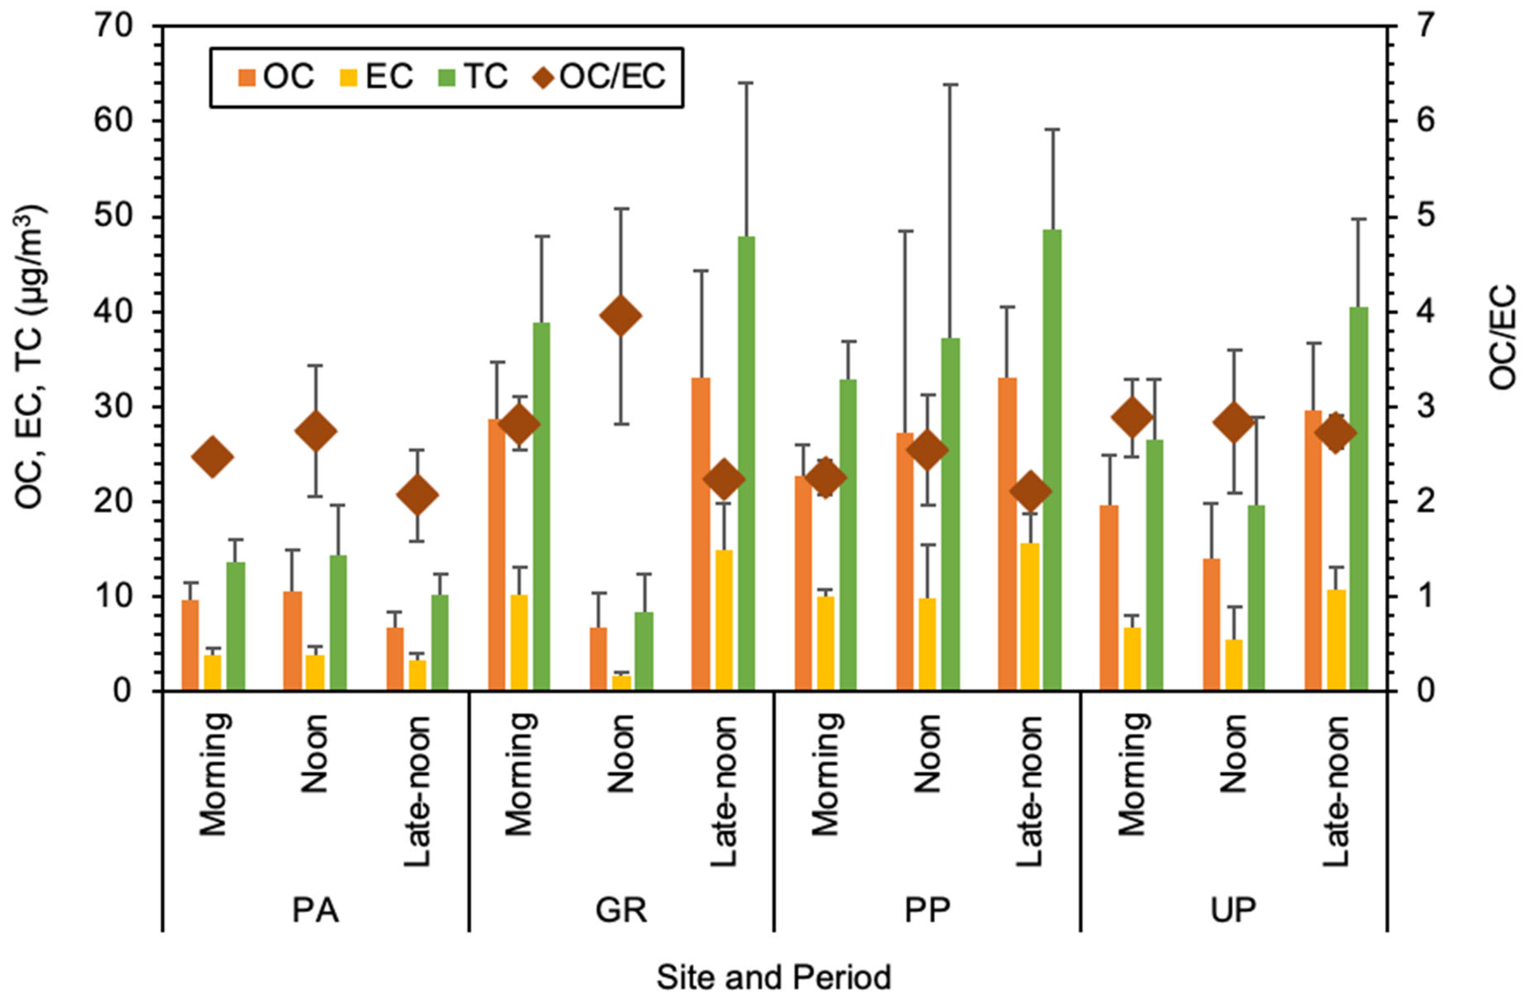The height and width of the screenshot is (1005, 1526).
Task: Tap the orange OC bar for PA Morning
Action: tap(191, 645)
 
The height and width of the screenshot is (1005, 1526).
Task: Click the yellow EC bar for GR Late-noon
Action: tap(724, 620)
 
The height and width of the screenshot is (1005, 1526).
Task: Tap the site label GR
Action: tap(621, 910)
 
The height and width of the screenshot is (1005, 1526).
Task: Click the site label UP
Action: tap(1233, 910)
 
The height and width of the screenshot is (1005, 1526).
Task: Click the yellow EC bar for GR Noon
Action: tap(622, 683)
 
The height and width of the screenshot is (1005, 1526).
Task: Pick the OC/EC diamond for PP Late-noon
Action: tap(1031, 490)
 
